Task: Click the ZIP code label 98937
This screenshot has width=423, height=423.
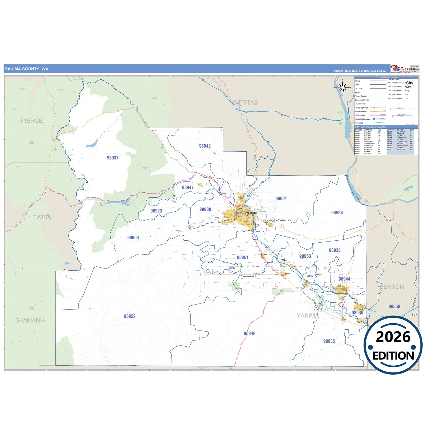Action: [113, 158]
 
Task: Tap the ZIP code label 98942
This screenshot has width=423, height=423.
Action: [205, 146]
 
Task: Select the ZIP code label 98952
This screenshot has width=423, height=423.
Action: [130, 316]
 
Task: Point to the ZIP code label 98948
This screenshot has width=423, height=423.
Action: [249, 333]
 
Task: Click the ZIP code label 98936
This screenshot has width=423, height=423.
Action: [337, 213]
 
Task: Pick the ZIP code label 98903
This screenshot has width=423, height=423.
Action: [133, 237]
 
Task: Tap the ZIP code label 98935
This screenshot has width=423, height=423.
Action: [329, 341]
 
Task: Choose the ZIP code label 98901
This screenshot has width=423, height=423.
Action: [281, 198]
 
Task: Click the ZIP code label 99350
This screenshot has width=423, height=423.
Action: [394, 306]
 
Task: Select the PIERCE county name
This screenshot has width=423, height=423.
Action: [32, 121]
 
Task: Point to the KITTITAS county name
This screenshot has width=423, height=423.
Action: [245, 102]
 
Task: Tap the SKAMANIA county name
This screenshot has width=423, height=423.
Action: [30, 320]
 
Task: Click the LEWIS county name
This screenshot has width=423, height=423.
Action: [38, 217]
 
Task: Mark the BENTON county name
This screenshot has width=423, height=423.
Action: [392, 287]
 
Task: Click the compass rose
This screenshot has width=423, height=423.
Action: [343, 87]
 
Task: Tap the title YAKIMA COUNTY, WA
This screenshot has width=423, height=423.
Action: [26, 69]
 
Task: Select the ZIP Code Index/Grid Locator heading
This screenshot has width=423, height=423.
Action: [370, 127]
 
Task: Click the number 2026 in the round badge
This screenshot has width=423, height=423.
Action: [393, 337]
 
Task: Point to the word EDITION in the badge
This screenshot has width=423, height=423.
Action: [393, 356]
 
